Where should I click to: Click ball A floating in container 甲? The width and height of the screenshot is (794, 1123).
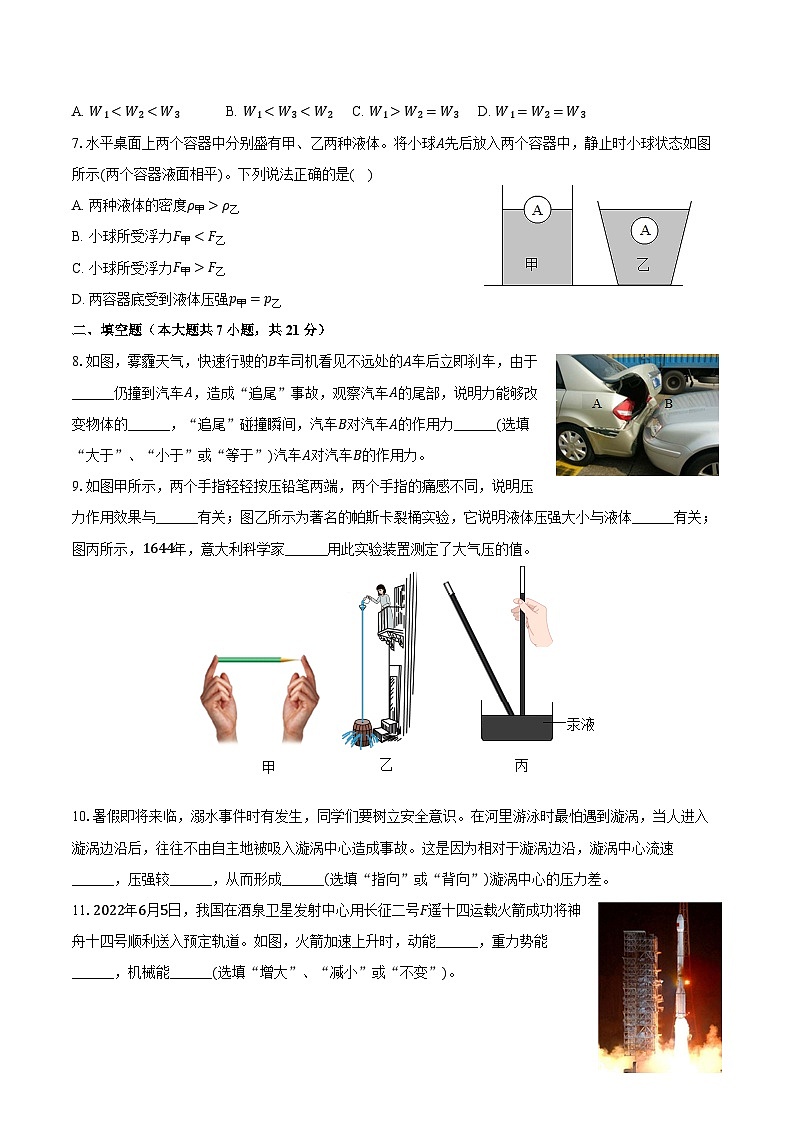[x=537, y=210]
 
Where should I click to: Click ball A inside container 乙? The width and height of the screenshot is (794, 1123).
[x=645, y=231]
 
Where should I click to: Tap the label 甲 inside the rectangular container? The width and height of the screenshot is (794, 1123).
[x=532, y=264]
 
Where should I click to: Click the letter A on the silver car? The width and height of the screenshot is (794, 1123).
[x=596, y=403]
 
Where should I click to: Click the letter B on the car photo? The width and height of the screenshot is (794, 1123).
[x=669, y=404]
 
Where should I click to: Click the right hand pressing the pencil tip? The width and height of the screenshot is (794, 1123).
[x=297, y=700]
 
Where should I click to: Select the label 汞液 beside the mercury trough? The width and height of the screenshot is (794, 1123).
[x=580, y=723]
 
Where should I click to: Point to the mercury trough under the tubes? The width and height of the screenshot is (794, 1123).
[x=516, y=725]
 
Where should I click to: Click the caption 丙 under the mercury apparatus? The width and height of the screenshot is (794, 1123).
[x=520, y=766]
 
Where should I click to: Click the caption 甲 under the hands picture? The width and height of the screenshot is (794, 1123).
[x=268, y=767]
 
